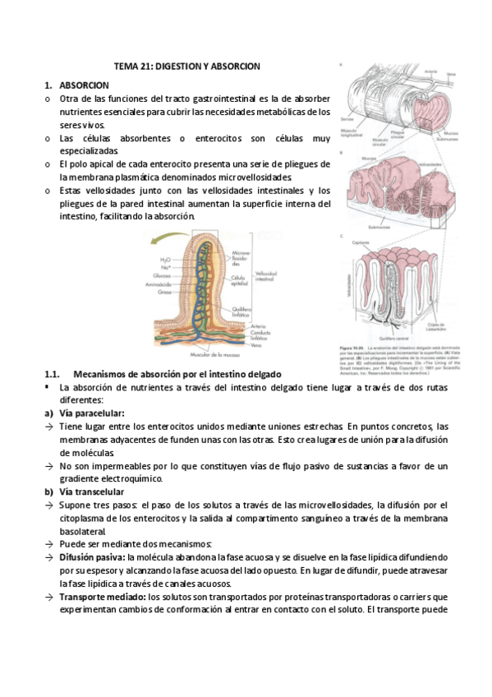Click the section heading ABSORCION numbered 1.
[x=84, y=85]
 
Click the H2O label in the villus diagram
[x=165, y=259]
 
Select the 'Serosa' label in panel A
[x=348, y=120]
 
